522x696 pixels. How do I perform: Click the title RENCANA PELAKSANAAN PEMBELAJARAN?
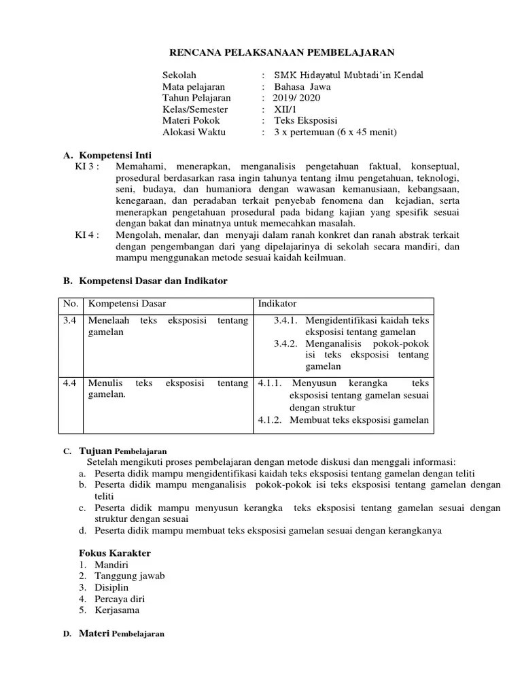[281, 52]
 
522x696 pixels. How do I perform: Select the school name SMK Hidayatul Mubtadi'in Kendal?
[348, 75]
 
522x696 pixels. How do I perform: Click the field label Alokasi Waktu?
[194, 132]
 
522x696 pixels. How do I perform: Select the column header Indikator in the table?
[277, 303]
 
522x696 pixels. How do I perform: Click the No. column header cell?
[71, 303]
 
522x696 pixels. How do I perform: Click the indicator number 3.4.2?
[287, 343]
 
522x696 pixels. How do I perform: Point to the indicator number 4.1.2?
[270, 419]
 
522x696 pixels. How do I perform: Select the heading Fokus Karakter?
[115, 553]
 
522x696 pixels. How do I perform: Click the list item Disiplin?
[111, 587]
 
